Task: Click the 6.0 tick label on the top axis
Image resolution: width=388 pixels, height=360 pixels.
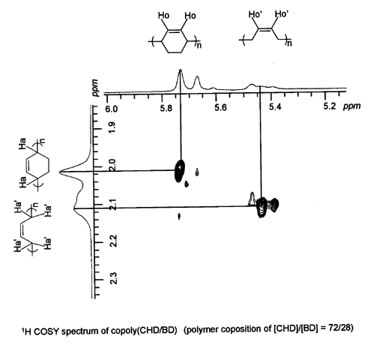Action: (x=112, y=109)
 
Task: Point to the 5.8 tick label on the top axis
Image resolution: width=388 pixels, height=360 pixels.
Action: (x=166, y=109)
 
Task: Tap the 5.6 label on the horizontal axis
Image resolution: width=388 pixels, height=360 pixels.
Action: (x=221, y=108)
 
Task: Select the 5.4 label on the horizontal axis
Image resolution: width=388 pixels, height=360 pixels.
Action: (x=275, y=107)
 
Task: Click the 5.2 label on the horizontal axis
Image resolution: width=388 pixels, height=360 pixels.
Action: (x=330, y=106)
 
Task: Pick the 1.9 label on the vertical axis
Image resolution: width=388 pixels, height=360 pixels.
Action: (x=112, y=127)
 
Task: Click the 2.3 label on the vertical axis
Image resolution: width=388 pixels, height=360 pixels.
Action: (x=114, y=278)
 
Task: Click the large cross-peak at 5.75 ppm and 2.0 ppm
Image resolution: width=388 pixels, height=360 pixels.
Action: (x=180, y=171)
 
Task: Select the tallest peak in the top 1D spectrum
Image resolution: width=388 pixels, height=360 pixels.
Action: (x=181, y=70)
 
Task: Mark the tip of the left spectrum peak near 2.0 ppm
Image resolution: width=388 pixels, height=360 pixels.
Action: (x=59, y=172)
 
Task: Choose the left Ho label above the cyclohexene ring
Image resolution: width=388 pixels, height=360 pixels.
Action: (x=163, y=16)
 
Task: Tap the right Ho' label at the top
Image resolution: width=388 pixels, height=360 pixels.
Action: (x=282, y=14)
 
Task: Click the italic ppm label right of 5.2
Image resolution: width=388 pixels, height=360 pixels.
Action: (x=352, y=106)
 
